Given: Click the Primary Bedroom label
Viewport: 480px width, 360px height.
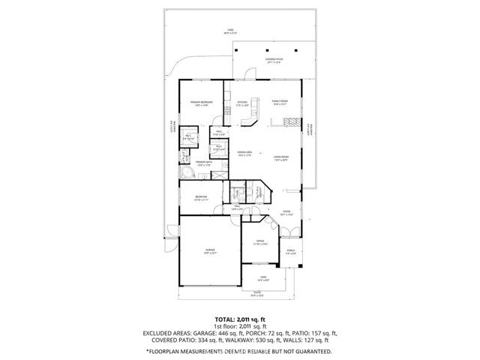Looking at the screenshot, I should tap(201, 102).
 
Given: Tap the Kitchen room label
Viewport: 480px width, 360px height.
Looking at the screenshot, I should tap(242, 102).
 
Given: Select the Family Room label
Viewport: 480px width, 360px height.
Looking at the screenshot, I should tap(280, 102).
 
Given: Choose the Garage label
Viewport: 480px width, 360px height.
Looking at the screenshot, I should tap(211, 250).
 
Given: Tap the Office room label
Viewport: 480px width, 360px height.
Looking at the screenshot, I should tap(259, 243).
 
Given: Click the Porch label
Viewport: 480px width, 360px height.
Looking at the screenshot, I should tap(290, 251).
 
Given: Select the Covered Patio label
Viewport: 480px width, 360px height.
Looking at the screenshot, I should tap(273, 60).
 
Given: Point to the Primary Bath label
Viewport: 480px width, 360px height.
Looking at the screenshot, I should tap(205, 163).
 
